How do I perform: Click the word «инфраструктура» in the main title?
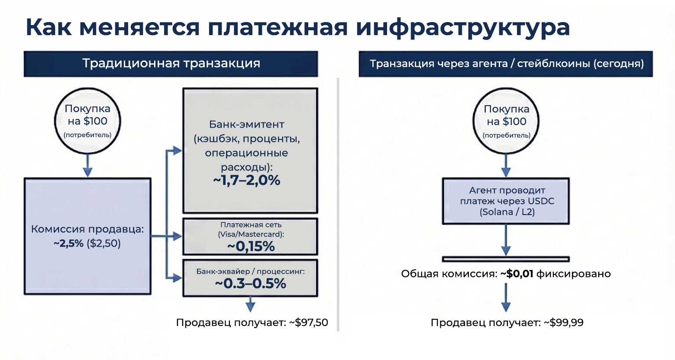462,28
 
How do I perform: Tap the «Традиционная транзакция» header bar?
171,64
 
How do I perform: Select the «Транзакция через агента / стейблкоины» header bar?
506,64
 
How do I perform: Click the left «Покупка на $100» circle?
87,121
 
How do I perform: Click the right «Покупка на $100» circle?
506,121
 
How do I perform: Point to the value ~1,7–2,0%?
246,180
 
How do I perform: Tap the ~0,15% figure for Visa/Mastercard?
251,247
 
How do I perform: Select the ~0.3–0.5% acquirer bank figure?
250,283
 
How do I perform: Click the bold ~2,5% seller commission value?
68,244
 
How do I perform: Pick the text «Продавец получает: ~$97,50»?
252,323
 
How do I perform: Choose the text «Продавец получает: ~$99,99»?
507,323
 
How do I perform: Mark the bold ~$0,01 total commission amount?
517,274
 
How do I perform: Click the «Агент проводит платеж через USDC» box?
506,201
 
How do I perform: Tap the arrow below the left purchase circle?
87,165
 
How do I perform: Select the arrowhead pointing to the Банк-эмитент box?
178,151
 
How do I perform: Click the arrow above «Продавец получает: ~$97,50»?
250,304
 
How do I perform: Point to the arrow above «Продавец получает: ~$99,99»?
506,298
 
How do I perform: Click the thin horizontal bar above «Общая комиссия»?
506,259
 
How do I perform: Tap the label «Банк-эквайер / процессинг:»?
250,271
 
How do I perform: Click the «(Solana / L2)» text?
507,212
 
